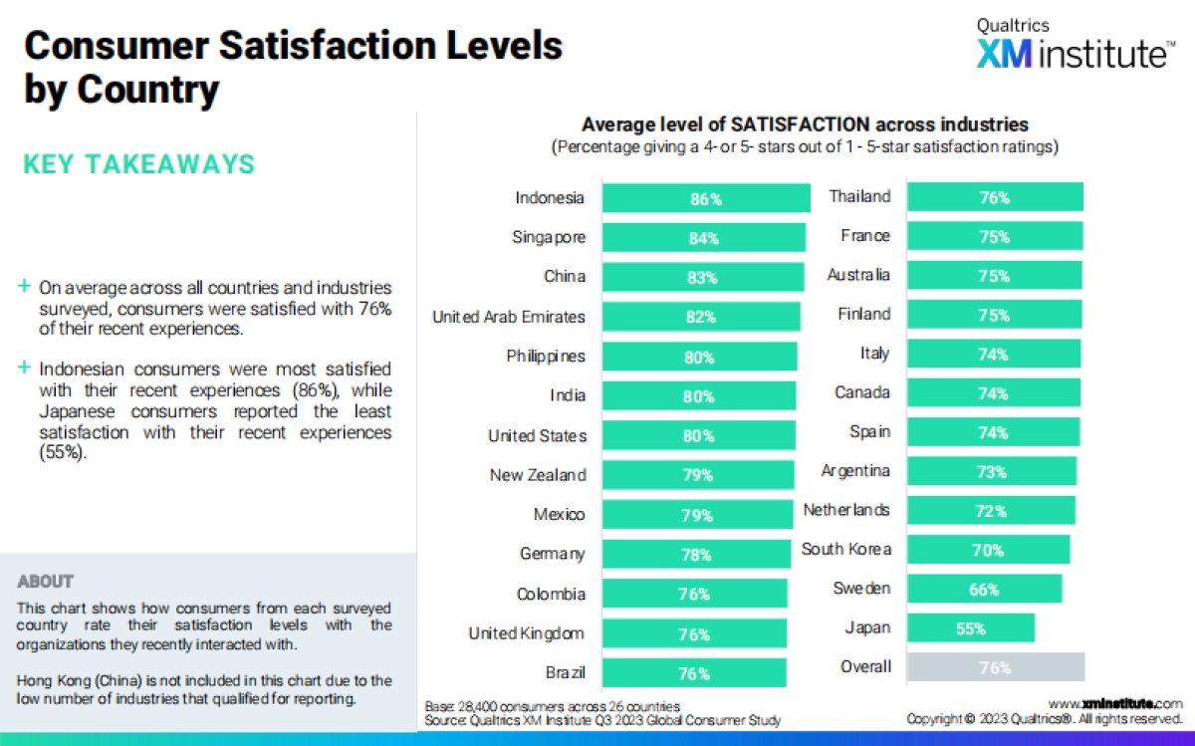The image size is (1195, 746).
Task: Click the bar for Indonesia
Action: point(707,198)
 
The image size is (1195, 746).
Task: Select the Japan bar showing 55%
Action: point(971,628)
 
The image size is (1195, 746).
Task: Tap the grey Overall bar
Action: point(996,667)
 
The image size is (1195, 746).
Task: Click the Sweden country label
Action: point(861,589)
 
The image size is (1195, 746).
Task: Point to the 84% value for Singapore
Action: point(705,238)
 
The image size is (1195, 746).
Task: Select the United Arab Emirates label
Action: point(509,317)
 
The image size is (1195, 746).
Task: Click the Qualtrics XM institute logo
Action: point(1074,46)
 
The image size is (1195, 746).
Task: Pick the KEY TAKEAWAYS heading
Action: point(138,164)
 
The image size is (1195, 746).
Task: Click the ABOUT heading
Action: point(46,582)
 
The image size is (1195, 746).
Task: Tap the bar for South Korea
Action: point(988,550)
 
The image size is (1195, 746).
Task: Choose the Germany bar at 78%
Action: point(696,555)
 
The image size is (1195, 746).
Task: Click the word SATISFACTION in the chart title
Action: point(800,125)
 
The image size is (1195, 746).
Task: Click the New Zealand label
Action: point(538,475)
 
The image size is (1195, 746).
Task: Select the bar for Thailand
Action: point(995,197)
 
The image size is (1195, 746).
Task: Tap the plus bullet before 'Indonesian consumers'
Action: point(24,369)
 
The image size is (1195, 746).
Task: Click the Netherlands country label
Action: point(846,510)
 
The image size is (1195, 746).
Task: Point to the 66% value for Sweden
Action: point(984,590)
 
